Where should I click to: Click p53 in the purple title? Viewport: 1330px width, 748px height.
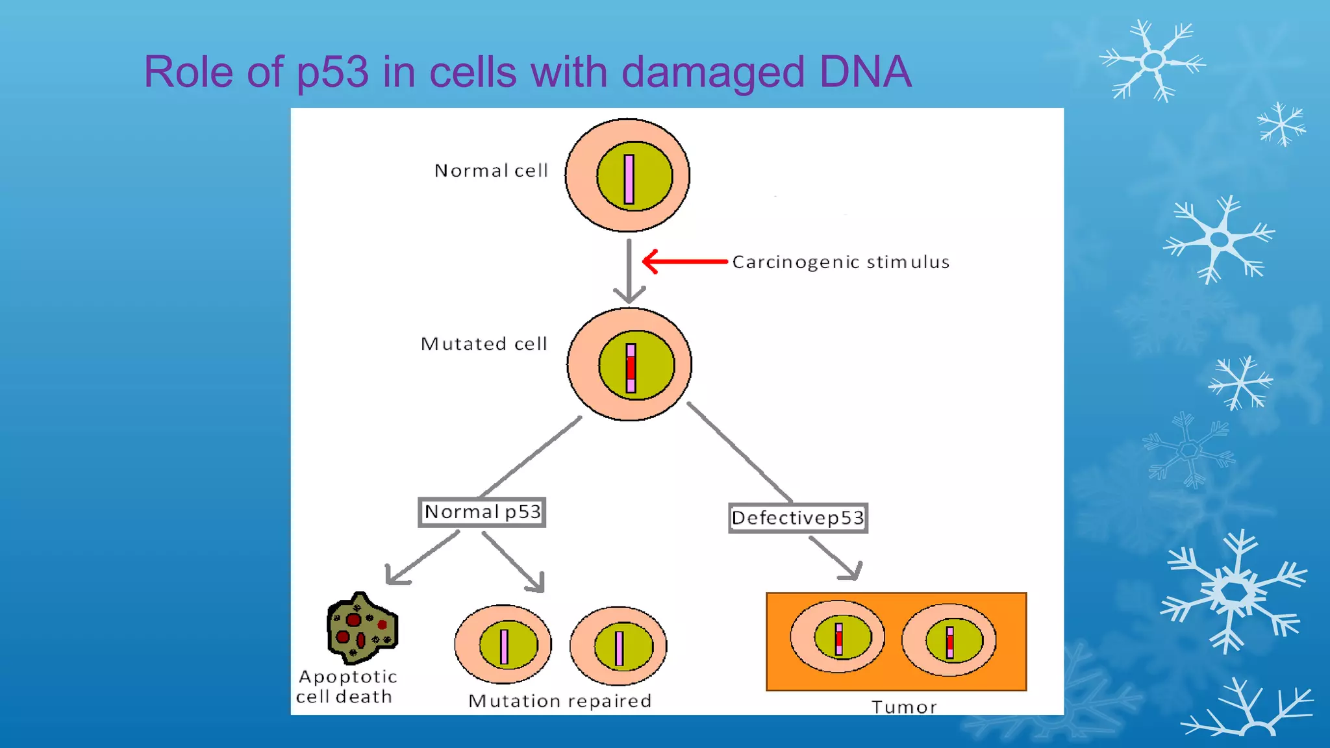332,73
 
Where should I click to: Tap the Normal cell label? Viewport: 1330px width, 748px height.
491,171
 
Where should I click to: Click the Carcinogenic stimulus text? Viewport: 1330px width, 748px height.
840,262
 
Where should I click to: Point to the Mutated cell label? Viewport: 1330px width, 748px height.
484,343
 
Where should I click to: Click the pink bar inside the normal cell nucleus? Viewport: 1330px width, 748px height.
629,179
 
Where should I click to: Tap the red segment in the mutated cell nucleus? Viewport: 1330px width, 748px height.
631,368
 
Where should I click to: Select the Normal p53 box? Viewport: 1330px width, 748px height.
482,512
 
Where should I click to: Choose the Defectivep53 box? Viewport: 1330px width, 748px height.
797,518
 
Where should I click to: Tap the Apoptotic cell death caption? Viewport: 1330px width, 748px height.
346,686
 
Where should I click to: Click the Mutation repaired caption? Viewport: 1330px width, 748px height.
560,701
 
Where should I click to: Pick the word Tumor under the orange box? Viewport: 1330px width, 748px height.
903,707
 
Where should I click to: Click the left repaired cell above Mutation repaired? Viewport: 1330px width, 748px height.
503,645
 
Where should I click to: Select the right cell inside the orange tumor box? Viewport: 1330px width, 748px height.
949,641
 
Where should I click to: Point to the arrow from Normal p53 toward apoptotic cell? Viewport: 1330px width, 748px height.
422,558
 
